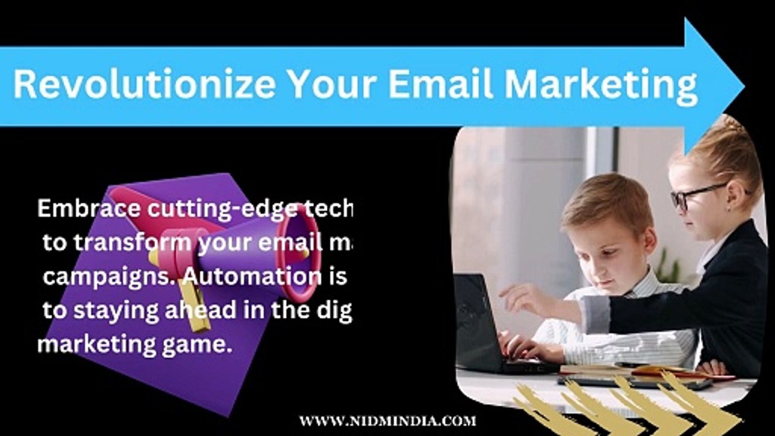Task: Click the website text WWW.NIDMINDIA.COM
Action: click(387, 421)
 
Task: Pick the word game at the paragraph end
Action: click(204, 345)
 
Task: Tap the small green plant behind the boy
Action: click(670, 266)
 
